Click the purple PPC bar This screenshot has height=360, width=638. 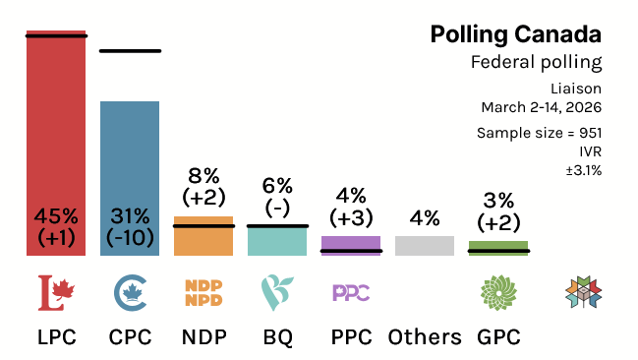351,243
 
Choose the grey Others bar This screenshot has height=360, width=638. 425,246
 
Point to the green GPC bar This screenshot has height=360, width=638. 498,246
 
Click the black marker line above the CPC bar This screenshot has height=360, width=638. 130,50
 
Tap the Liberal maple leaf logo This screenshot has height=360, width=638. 56,292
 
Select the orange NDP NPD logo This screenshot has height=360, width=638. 203,292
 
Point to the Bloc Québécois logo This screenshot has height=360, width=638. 276,292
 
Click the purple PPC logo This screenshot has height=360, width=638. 351,292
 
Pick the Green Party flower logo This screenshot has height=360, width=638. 498,292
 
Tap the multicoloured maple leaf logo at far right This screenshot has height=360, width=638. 582,292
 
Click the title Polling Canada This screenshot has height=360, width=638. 516,35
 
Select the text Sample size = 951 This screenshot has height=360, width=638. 539,133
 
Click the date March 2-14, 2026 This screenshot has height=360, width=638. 541,106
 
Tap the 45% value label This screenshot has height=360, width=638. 56,216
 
